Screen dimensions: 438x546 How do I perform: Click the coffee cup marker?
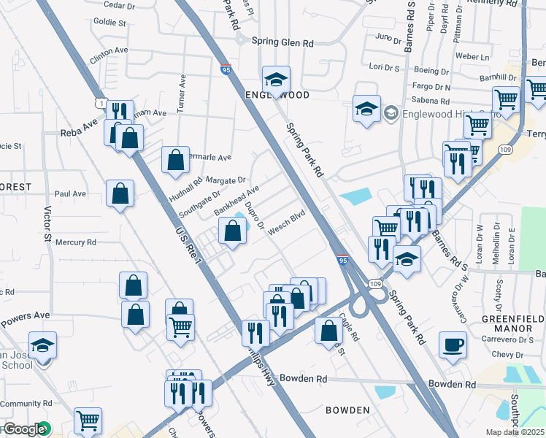tap(453, 345)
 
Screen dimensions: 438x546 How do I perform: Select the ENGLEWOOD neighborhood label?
tap(277, 96)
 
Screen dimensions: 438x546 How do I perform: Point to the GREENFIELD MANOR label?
tap(515, 324)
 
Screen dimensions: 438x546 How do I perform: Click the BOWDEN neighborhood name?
tap(347, 410)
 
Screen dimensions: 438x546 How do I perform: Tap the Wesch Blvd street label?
tap(286, 222)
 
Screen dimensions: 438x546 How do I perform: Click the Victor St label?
tap(47, 223)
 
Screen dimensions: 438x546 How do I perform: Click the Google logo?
tap(24, 429)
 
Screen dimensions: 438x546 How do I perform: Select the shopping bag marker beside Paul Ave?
tap(120, 193)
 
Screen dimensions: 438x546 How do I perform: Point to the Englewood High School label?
tap(443, 112)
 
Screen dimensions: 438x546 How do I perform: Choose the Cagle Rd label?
tap(348, 327)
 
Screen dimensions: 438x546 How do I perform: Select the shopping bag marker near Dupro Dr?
tap(232, 231)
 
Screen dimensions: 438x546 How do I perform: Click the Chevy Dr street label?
tap(508, 354)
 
